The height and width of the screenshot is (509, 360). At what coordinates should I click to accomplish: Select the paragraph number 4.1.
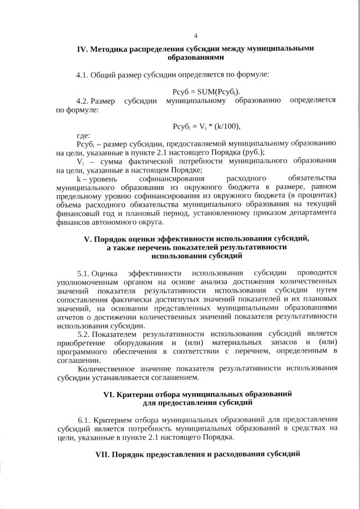(x=83, y=74)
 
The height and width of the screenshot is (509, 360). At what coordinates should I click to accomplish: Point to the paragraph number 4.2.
(x=83, y=101)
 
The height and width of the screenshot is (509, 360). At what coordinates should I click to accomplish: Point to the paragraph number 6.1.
(x=84, y=420)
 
